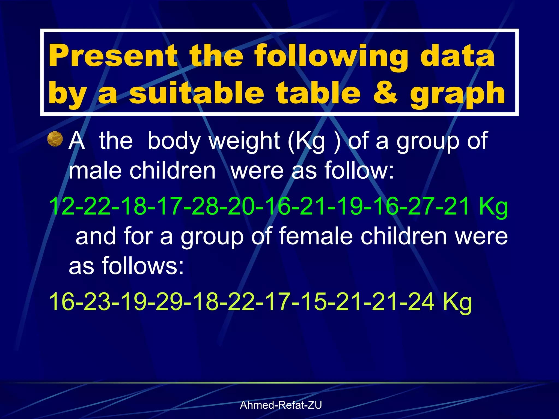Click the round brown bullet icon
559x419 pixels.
pos(55,139)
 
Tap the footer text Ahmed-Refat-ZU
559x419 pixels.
pos(281,405)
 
